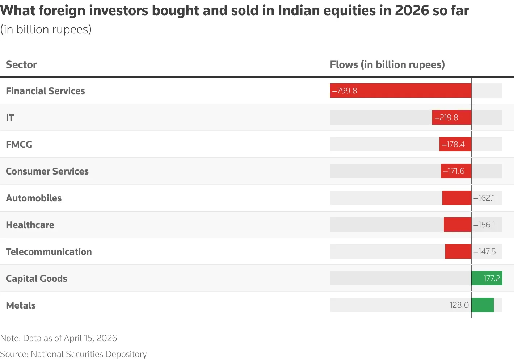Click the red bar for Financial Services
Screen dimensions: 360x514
pyautogui.click(x=401, y=91)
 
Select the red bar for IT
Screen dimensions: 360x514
pyautogui.click(x=452, y=117)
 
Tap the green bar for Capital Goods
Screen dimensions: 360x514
pyautogui.click(x=487, y=278)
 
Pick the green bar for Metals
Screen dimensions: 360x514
pyautogui.click(x=483, y=305)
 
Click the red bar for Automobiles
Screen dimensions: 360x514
pyautogui.click(x=457, y=198)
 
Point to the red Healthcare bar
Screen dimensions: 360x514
pyautogui.click(x=458, y=225)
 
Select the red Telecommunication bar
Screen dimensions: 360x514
pyautogui.click(x=458, y=251)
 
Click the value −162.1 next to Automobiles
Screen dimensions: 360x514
pyautogui.click(x=484, y=198)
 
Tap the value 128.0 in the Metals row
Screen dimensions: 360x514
pyautogui.click(x=459, y=305)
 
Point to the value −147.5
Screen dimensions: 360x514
pyautogui.click(x=485, y=252)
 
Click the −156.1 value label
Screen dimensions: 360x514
pyautogui.click(x=484, y=225)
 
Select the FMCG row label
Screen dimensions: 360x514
pyautogui.click(x=19, y=145)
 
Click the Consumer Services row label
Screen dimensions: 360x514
pyautogui.click(x=47, y=171)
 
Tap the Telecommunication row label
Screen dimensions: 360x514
pyautogui.click(x=49, y=252)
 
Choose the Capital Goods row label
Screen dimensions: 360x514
pyautogui.click(x=37, y=279)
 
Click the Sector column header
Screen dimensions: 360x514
pyautogui.click(x=21, y=64)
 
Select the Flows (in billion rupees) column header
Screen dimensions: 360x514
pyautogui.click(x=387, y=64)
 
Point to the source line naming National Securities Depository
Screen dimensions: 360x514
pyautogui.click(x=73, y=354)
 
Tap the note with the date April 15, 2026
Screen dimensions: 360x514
pyautogui.click(x=59, y=338)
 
